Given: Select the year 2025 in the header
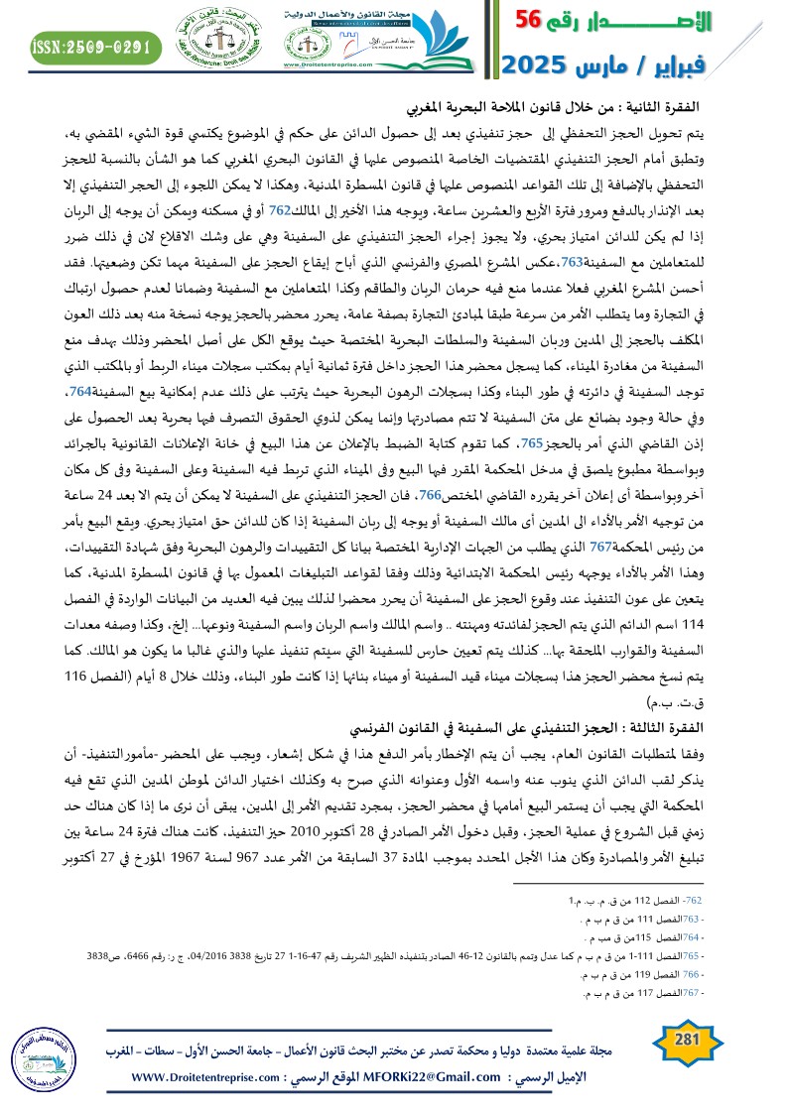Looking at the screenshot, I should (536, 67).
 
